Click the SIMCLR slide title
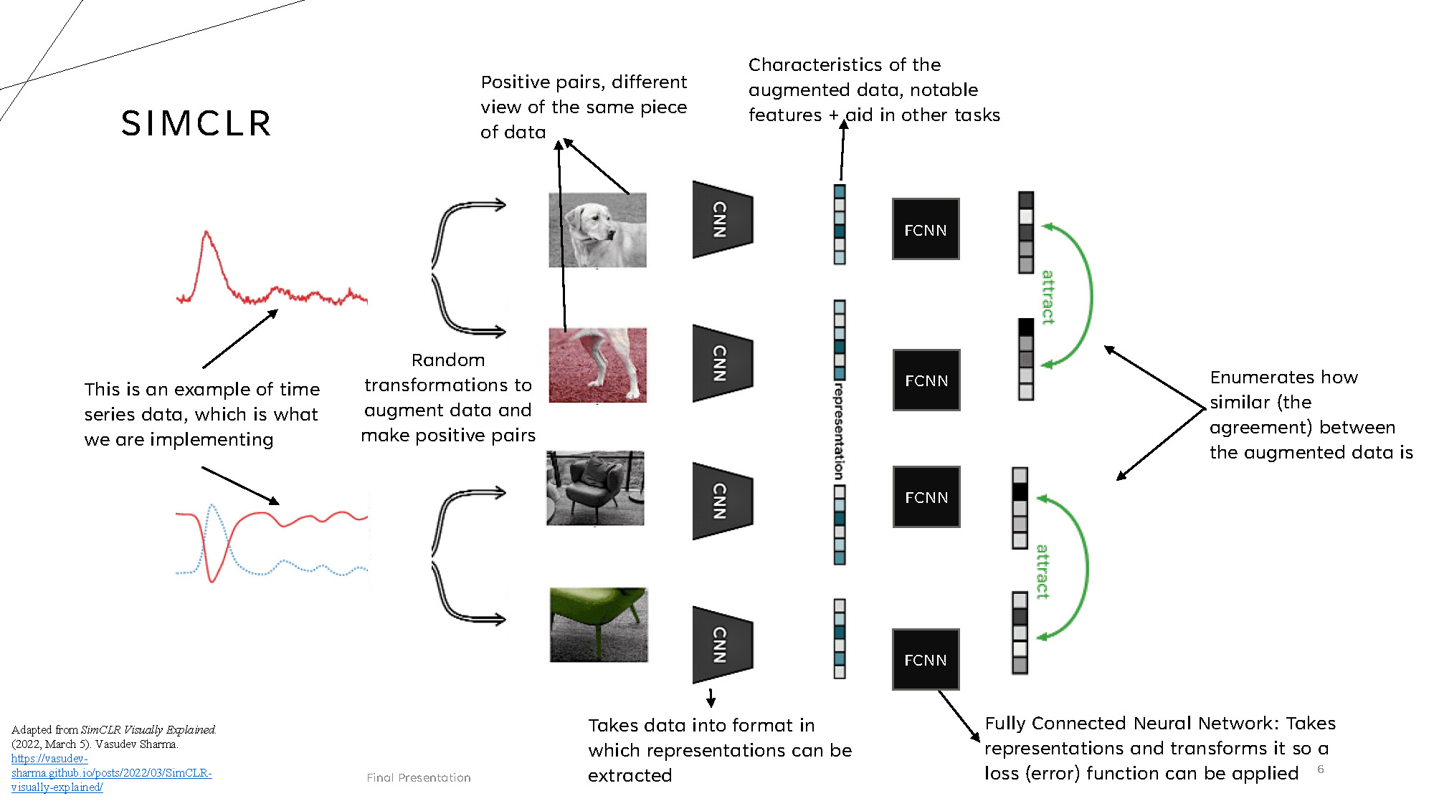pyautogui.click(x=196, y=123)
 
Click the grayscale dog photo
pyautogui.click(x=597, y=230)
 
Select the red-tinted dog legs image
pyautogui.click(x=597, y=365)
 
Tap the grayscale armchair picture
pyautogui.click(x=595, y=488)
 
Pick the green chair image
pyautogui.click(x=599, y=625)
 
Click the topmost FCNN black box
pyautogui.click(x=926, y=229)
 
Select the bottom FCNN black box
pyautogui.click(x=926, y=659)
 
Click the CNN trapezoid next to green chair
pyautogui.click(x=721, y=645)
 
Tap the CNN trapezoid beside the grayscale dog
pyautogui.click(x=721, y=219)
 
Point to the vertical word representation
pyautogui.click(x=839, y=431)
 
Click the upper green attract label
pyautogui.click(x=1048, y=297)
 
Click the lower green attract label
pyautogui.click(x=1043, y=571)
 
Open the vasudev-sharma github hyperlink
pyautogui.click(x=111, y=772)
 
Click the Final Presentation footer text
pyautogui.click(x=419, y=777)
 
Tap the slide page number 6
pyautogui.click(x=1321, y=769)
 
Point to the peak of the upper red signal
pyautogui.click(x=206, y=233)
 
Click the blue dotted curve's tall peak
pyautogui.click(x=212, y=506)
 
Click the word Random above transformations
pyautogui.click(x=448, y=360)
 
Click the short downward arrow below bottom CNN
pyautogui.click(x=711, y=699)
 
